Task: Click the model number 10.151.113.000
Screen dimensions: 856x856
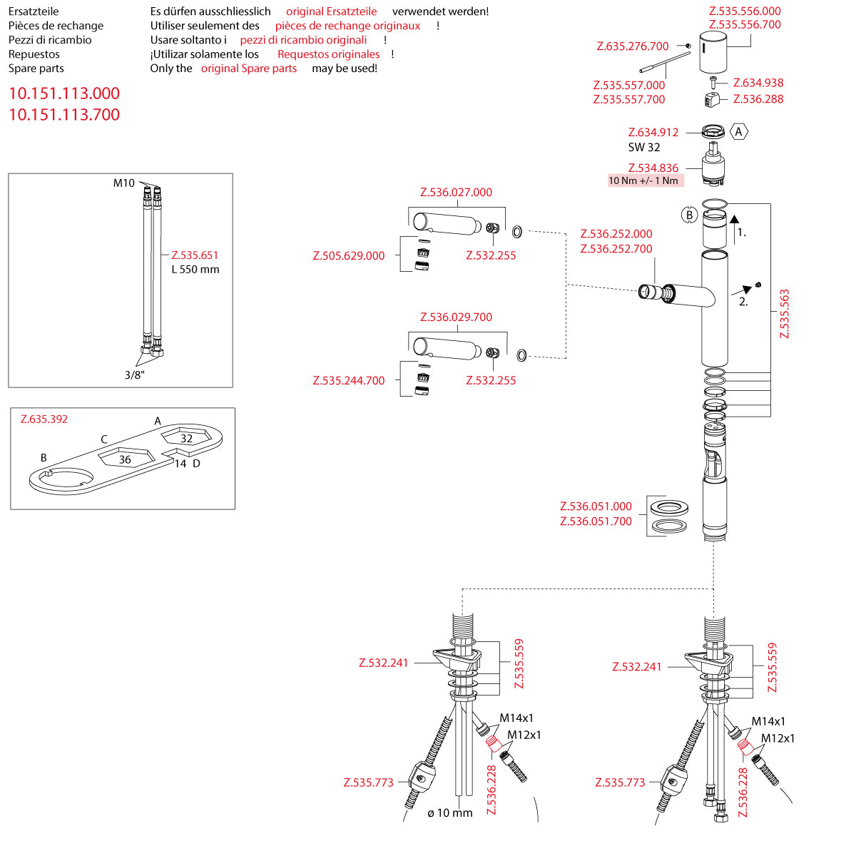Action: (x=64, y=93)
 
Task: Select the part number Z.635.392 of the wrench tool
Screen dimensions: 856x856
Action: (x=44, y=419)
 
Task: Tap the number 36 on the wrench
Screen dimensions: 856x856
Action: (x=125, y=460)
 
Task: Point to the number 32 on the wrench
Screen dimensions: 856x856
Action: (x=186, y=439)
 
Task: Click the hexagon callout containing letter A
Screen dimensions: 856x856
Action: (x=739, y=132)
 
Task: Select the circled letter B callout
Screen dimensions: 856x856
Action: (x=689, y=215)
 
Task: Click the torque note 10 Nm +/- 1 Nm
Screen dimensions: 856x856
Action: (x=643, y=180)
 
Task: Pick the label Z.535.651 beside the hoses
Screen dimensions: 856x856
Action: (x=195, y=255)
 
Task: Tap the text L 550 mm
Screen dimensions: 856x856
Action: (x=195, y=270)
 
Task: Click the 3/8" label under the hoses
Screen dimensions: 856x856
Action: (x=134, y=375)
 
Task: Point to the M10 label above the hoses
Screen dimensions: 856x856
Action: (x=123, y=183)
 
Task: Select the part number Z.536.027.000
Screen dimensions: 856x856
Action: (x=456, y=193)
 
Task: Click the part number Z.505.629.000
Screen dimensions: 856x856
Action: (x=349, y=256)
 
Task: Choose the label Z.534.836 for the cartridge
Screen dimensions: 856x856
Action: (x=653, y=168)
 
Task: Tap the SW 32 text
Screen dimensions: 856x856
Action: (x=644, y=148)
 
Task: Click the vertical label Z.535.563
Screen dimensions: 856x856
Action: (x=785, y=314)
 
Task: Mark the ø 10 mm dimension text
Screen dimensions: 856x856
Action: (x=450, y=813)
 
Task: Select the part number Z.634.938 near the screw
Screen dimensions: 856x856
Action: (x=758, y=83)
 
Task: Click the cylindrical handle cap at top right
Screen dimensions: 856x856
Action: (x=713, y=58)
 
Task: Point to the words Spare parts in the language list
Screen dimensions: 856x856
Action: (x=36, y=68)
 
